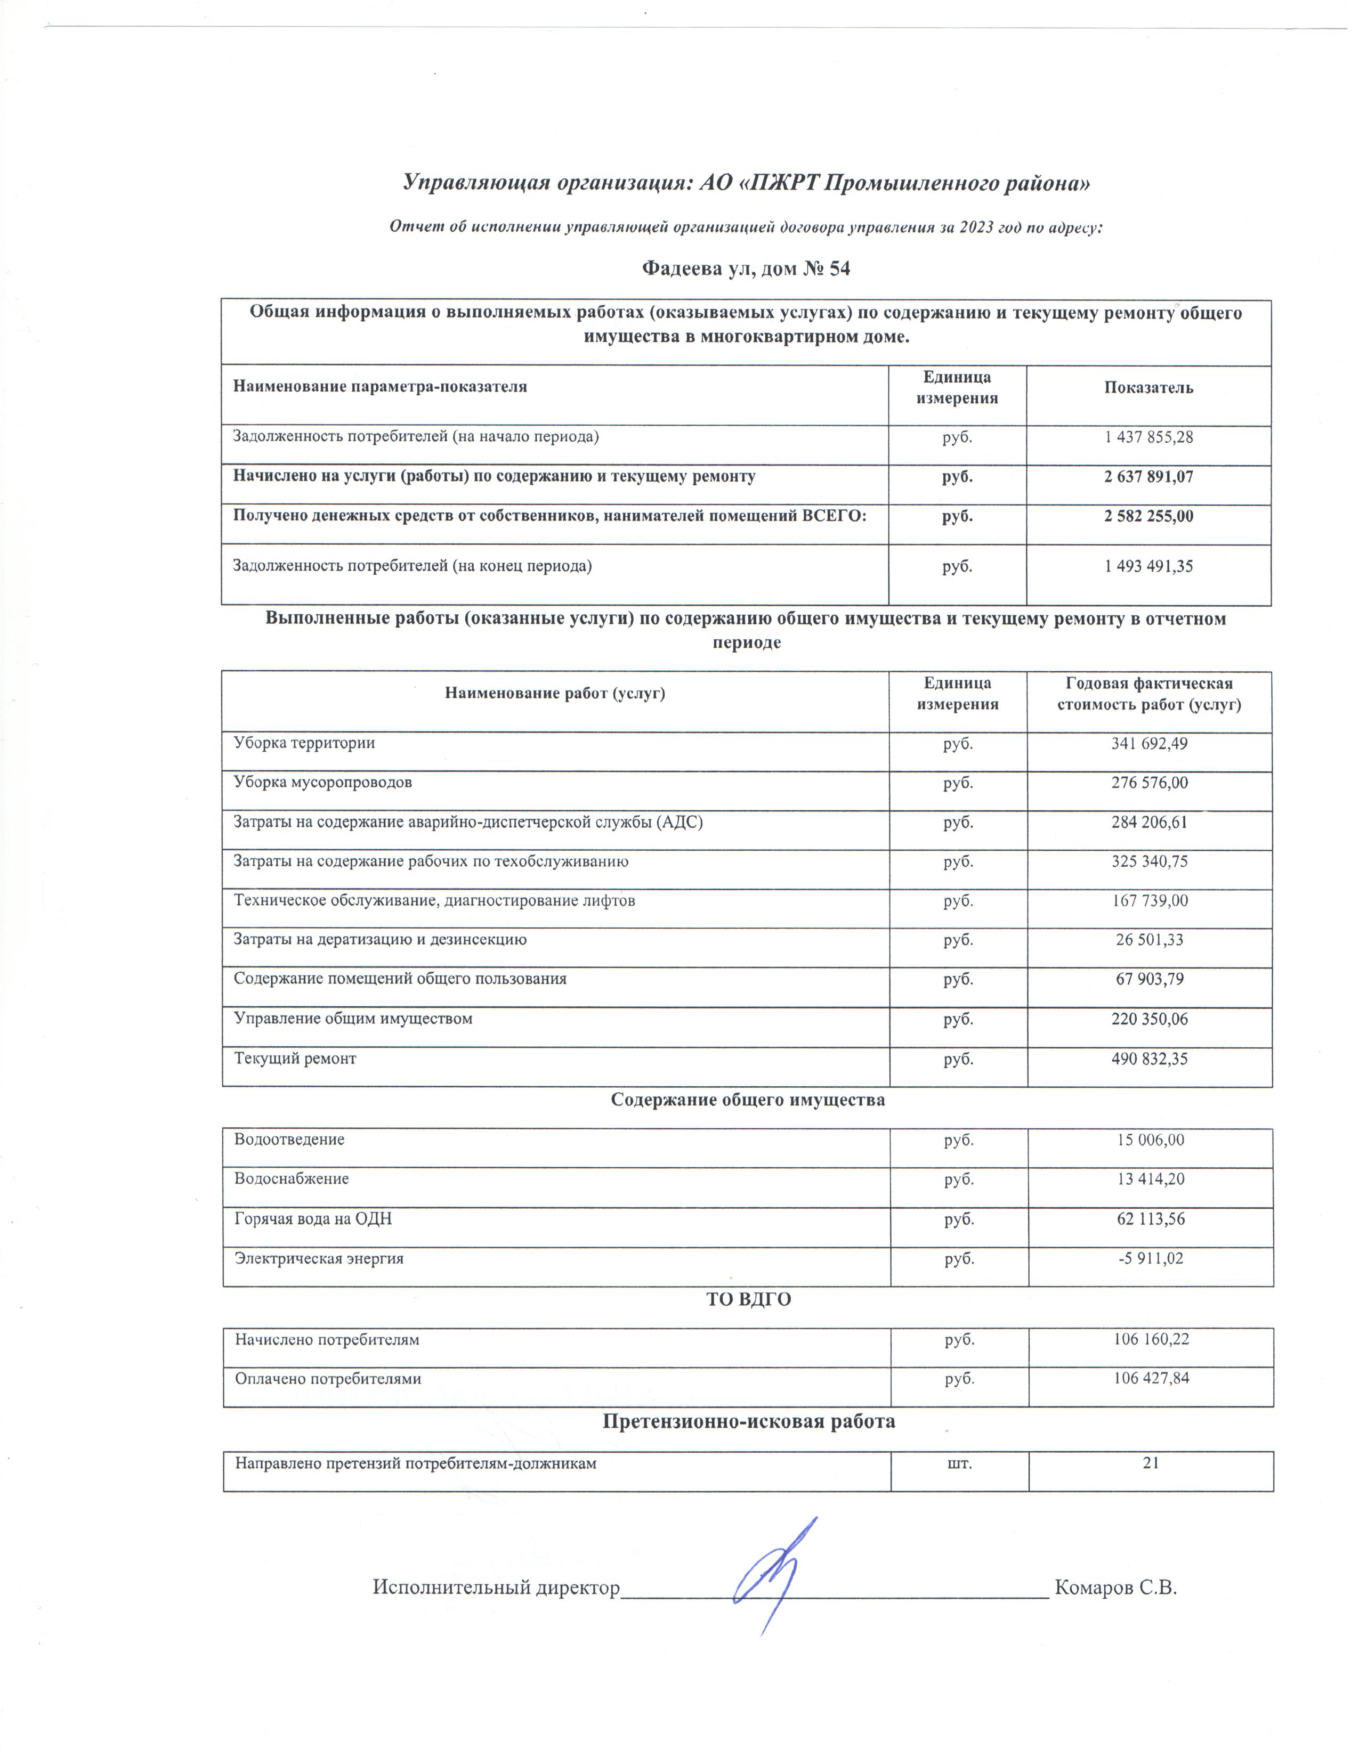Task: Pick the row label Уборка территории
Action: pos(304,743)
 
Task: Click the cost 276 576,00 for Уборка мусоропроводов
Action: pos(1149,783)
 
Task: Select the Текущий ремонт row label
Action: pos(295,1059)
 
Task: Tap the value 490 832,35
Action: pos(1149,1059)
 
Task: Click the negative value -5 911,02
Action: pos(1151,1258)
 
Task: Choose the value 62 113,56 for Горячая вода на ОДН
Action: pos(1151,1219)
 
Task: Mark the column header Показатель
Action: pos(1148,388)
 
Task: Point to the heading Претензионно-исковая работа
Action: pos(749,1421)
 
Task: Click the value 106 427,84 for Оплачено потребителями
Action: pos(1151,1379)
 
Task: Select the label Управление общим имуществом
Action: pos(353,1019)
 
